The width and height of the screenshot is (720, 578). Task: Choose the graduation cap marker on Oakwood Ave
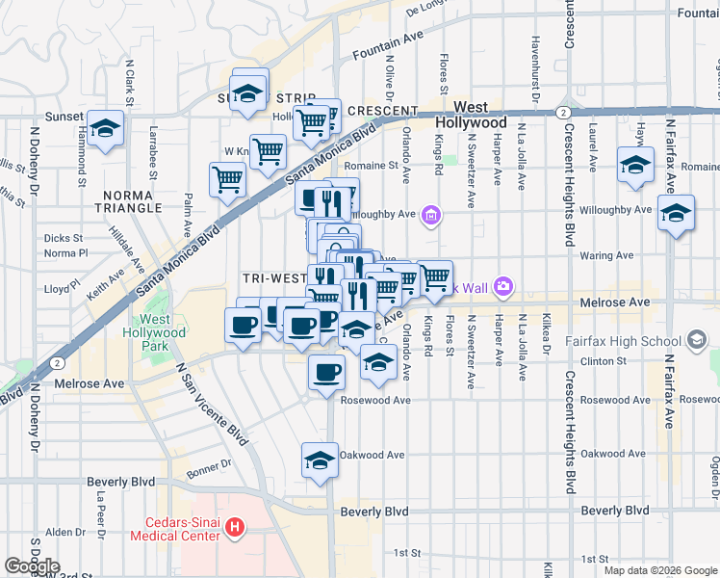click(x=320, y=460)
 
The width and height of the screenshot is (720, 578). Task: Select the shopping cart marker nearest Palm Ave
click(x=227, y=179)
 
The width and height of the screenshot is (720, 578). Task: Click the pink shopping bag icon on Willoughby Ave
click(x=432, y=215)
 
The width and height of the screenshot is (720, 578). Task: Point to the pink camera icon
click(x=501, y=286)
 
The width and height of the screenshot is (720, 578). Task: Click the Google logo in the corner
click(x=32, y=566)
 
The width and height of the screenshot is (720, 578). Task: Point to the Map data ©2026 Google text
click(x=659, y=570)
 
